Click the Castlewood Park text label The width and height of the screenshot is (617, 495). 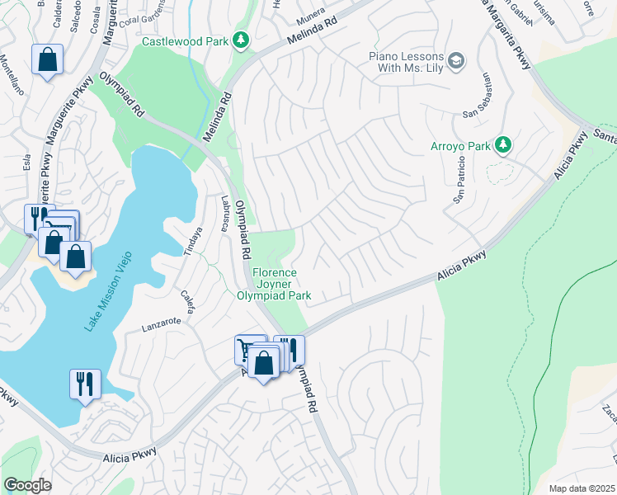186,40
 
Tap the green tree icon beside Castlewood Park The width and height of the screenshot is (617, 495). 241,40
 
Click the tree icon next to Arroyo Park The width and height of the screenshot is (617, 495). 502,146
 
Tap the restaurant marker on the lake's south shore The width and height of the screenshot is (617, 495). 85,384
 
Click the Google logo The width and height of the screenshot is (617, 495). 27,485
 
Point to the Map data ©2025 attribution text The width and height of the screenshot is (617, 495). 582,488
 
